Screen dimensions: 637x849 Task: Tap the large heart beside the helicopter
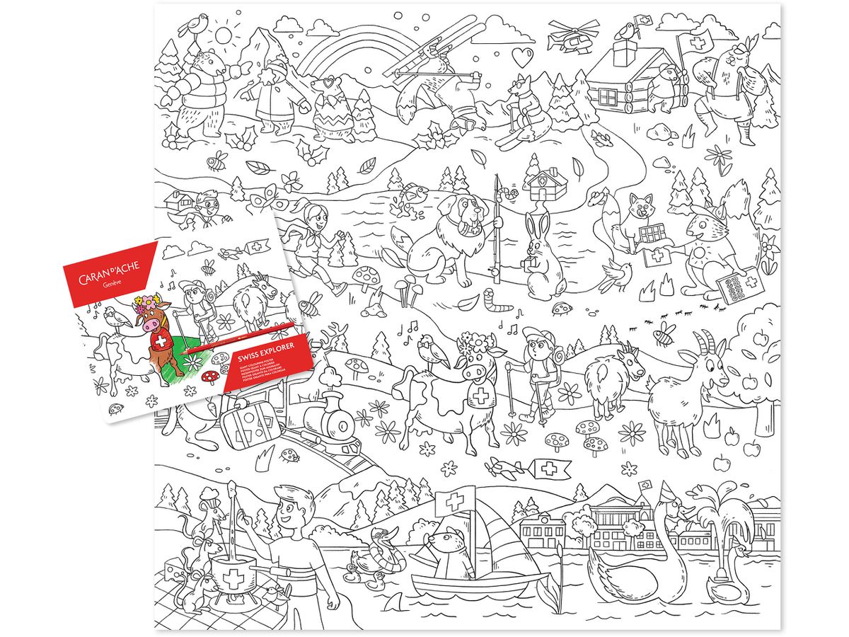pos(523,55)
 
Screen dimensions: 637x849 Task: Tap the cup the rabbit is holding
pos(524,265)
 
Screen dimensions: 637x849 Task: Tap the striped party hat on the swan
pos(668,490)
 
